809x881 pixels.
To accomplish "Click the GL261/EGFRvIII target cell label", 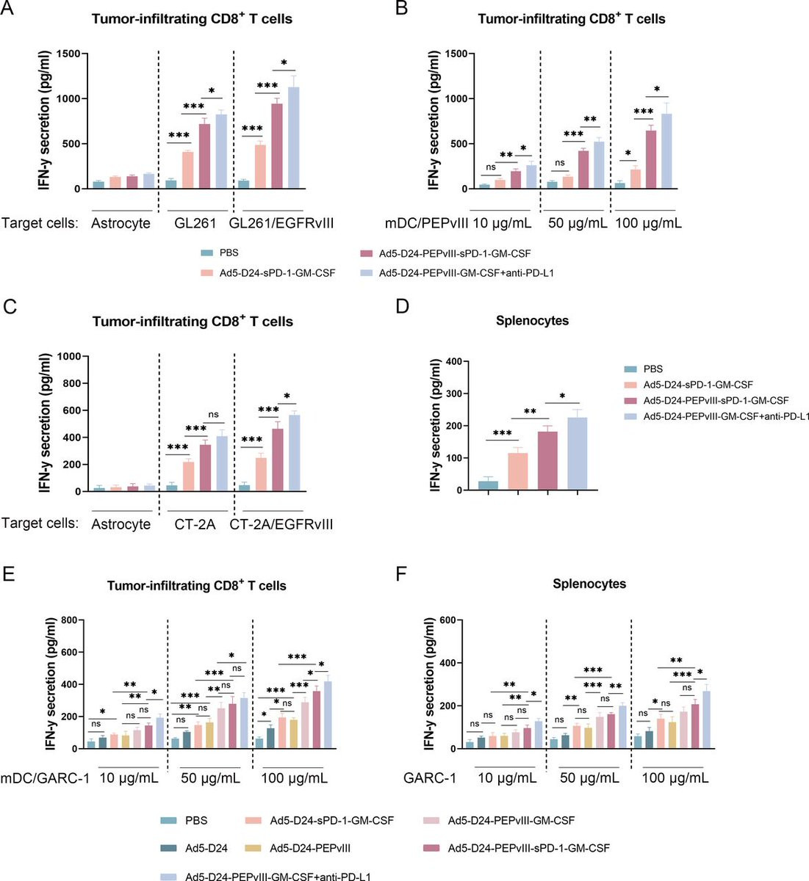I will pos(281,222).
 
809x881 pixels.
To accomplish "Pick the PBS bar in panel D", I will pos(488,486).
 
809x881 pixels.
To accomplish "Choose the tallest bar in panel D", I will pos(578,453).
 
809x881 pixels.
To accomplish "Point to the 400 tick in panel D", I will pos(460,361).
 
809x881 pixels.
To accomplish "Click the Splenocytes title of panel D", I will pos(532,321).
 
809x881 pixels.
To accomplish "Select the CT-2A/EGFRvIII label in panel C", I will pos(281,524).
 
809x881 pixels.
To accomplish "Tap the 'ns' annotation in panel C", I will pos(214,415).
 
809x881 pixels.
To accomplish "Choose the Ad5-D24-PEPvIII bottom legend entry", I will pos(309,848).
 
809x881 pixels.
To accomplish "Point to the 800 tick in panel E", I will pos(68,620).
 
